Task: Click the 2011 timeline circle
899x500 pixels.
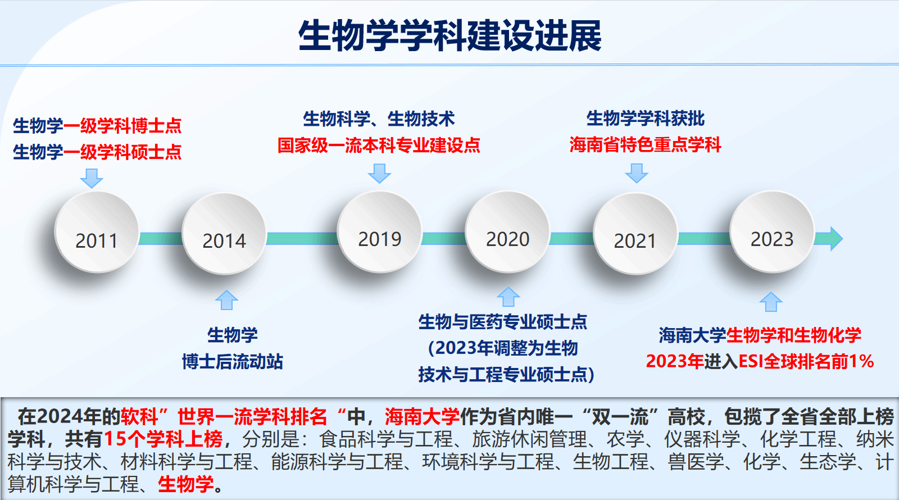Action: (x=97, y=232)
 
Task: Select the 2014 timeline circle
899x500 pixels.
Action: (x=224, y=234)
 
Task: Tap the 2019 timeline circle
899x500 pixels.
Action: (x=380, y=232)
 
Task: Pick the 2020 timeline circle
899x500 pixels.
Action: (x=508, y=232)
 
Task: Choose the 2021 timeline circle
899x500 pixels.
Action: (x=635, y=234)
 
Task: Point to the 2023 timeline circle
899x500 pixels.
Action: (x=772, y=232)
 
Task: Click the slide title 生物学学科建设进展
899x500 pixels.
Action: (x=449, y=35)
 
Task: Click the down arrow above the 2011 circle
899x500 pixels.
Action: (x=92, y=178)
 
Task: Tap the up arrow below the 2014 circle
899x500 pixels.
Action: (x=227, y=300)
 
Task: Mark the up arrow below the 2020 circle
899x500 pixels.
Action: (x=508, y=297)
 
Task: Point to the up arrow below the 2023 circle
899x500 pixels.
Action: (x=771, y=302)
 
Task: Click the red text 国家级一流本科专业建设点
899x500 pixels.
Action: (x=379, y=145)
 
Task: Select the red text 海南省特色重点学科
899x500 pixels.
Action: (x=645, y=144)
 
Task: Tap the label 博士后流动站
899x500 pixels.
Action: (x=233, y=362)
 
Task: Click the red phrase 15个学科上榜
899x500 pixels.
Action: (x=163, y=439)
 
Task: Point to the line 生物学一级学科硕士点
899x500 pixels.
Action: (x=97, y=152)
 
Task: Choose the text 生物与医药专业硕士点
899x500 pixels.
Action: (x=502, y=322)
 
